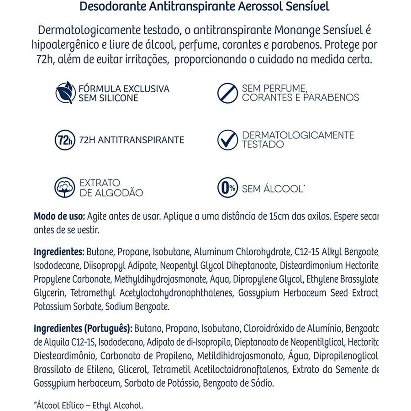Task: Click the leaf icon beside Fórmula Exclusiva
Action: pyautogui.click(x=64, y=92)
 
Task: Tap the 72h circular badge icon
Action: pyautogui.click(x=64, y=140)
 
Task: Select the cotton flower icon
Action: pyautogui.click(x=64, y=187)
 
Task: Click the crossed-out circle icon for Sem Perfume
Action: pyautogui.click(x=227, y=92)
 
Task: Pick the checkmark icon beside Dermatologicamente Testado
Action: pyautogui.click(x=227, y=140)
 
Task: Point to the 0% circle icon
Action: pyautogui.click(x=227, y=187)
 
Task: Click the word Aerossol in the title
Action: pyautogui.click(x=261, y=7)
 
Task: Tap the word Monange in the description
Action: pyautogui.click(x=298, y=30)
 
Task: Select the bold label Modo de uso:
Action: pyautogui.click(x=59, y=216)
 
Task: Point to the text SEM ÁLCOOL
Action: pyautogui.click(x=273, y=189)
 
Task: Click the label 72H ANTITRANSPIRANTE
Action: pyautogui.click(x=132, y=140)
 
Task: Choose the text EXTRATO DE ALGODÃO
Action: pyautogui.click(x=111, y=188)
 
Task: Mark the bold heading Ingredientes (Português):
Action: pyautogui.click(x=83, y=329)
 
